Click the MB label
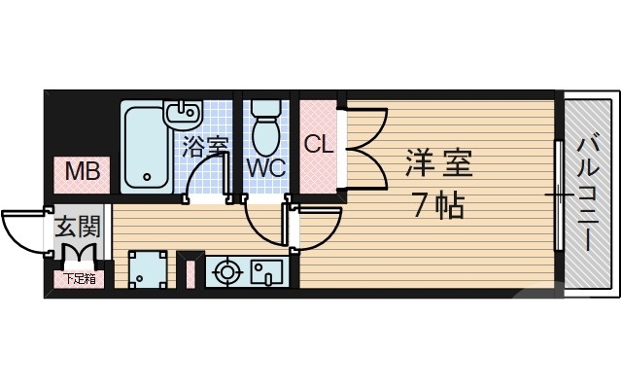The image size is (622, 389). pyautogui.click(x=83, y=173)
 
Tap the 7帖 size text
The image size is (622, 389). pyautogui.click(x=436, y=205)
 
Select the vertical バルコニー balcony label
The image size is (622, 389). pyautogui.click(x=589, y=194)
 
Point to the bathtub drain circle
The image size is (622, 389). pyautogui.click(x=148, y=179)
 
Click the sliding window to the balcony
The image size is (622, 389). pyautogui.click(x=559, y=194)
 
